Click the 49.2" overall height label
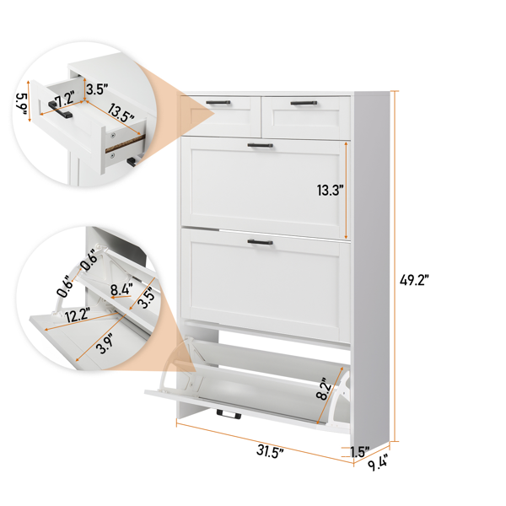point(414,279)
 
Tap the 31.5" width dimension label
point(270,451)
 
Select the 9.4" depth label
point(377,463)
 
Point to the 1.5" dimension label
point(359,452)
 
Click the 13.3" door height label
point(328,190)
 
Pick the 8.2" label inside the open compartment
point(324,389)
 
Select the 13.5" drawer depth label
point(120,113)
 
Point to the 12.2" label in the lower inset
point(77,315)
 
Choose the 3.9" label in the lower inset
point(105,343)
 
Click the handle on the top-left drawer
point(218,102)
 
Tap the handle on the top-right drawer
point(304,103)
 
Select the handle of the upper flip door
point(260,146)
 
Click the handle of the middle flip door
point(260,242)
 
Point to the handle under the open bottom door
point(229,414)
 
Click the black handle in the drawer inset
point(61,110)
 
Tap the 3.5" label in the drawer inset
point(97,89)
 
